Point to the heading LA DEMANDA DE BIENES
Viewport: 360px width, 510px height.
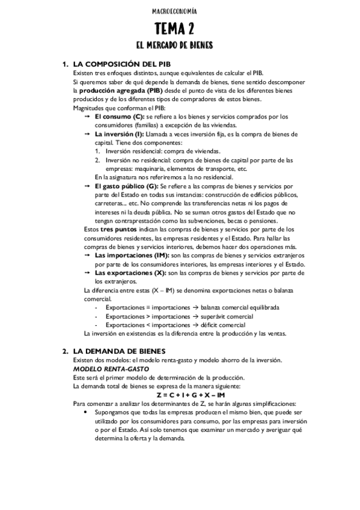click(119, 351)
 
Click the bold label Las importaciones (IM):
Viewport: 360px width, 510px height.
click(132, 256)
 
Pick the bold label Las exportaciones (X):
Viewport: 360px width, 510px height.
click(130, 272)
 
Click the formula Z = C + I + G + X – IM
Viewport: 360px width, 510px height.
click(191, 395)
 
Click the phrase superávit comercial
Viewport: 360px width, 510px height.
click(228, 316)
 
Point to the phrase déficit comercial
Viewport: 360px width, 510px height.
click(224, 325)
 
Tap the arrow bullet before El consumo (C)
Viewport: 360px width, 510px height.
click(87, 116)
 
